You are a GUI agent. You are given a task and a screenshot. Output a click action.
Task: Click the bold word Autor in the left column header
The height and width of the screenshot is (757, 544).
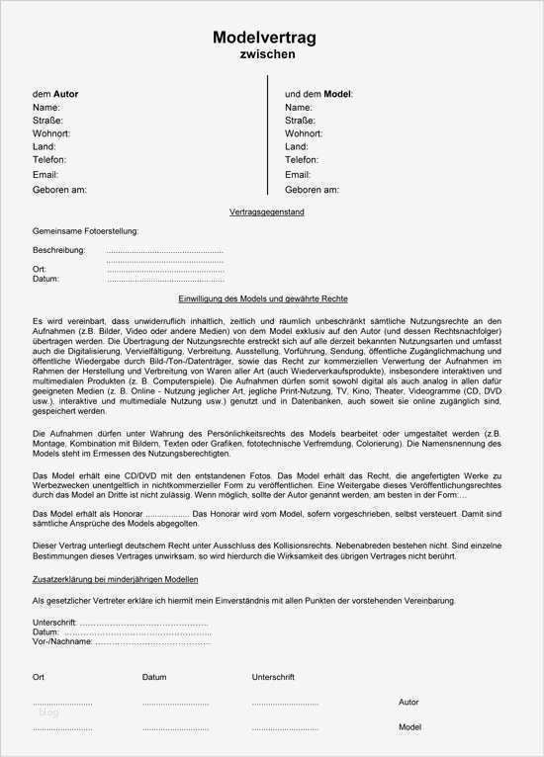(65, 94)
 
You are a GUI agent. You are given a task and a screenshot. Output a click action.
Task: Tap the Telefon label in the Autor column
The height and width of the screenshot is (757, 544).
(49, 159)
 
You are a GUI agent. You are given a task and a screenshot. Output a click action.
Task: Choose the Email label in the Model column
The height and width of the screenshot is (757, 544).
(298, 174)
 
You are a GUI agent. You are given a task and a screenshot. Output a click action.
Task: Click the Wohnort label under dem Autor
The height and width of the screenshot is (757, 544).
(51, 132)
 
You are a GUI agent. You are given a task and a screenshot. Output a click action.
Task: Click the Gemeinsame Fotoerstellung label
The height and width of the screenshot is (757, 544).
(85, 231)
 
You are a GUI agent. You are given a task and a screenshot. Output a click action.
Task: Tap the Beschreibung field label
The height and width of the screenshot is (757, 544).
(58, 250)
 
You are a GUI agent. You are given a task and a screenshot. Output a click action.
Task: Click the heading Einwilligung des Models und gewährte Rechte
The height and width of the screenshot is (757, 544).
(263, 298)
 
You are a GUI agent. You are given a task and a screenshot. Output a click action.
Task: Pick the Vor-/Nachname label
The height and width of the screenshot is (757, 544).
(62, 641)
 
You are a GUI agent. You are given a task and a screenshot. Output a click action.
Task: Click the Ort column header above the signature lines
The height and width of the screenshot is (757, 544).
(39, 677)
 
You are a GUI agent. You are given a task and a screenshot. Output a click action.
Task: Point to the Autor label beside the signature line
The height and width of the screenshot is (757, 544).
(408, 703)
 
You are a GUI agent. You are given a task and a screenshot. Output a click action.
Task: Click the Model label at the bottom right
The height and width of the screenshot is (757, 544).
(409, 727)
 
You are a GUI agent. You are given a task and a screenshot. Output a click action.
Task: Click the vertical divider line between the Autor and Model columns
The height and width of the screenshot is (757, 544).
(270, 138)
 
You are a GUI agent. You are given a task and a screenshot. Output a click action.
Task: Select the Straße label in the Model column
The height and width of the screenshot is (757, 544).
(301, 120)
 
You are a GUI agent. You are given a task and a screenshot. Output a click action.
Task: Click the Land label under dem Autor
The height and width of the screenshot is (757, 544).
(45, 146)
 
